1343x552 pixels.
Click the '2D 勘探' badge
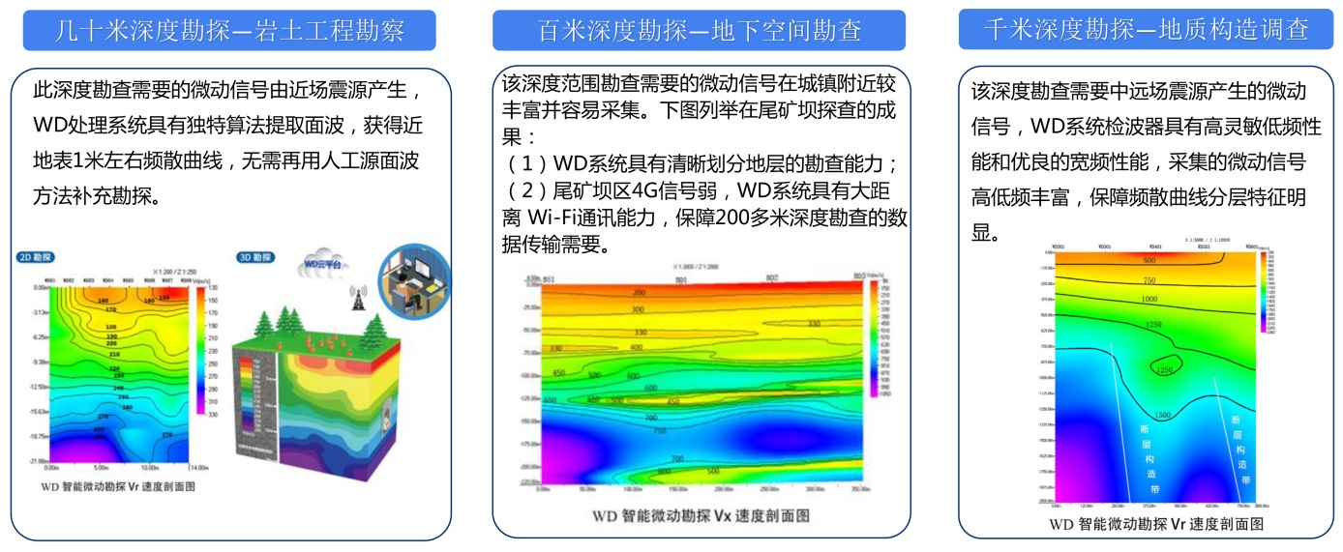[36, 258]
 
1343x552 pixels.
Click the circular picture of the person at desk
[414, 279]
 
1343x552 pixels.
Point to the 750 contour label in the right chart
[1149, 279]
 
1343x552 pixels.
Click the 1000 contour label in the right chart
[1149, 300]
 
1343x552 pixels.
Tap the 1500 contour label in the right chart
[1163, 415]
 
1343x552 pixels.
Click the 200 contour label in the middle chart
[638, 292]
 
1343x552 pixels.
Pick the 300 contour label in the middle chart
[638, 310]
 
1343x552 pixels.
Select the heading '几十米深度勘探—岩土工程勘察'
[229, 31]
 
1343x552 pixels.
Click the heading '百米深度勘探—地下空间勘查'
[699, 31]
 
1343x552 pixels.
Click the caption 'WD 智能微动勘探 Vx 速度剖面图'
[701, 516]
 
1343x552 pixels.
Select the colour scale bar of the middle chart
[874, 338]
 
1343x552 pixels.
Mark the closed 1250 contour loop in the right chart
[1164, 368]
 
